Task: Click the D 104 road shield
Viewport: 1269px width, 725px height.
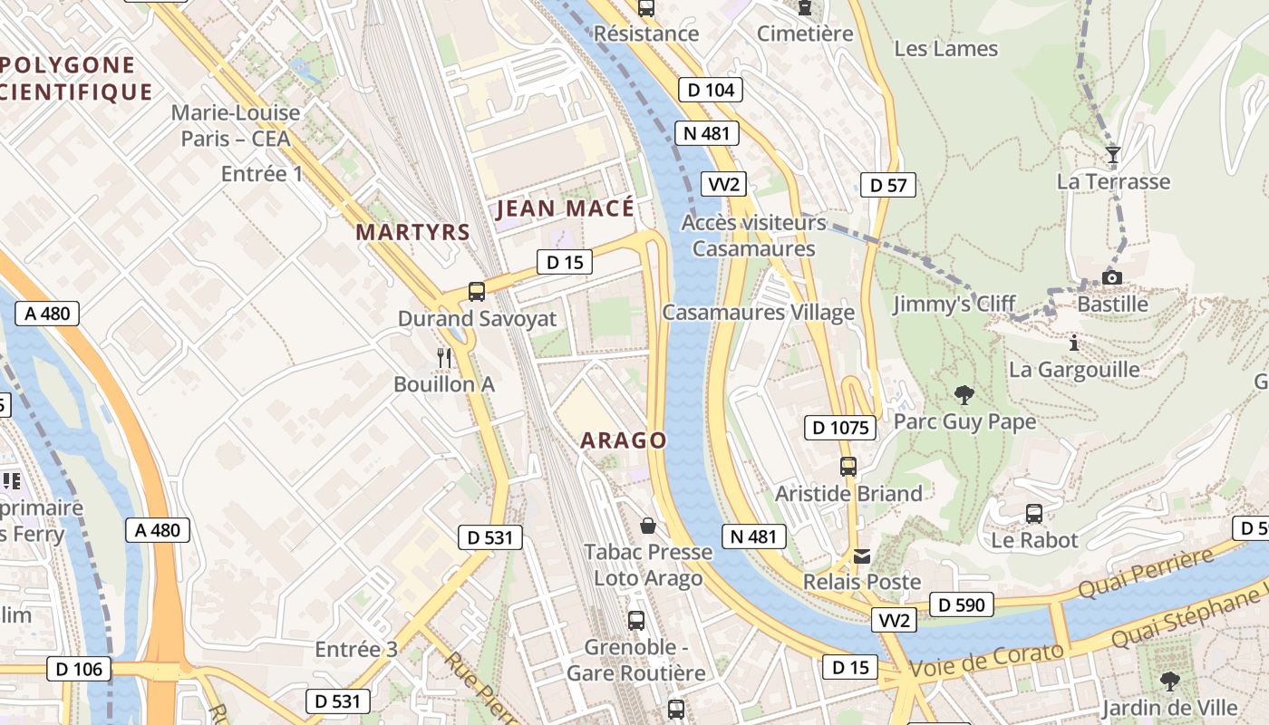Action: coord(711,89)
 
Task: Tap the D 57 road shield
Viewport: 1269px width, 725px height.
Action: coord(887,185)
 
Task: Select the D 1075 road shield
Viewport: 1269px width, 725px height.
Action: coord(840,427)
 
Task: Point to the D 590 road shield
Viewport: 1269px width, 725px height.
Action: coord(961,604)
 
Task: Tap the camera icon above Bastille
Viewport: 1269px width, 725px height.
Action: coord(1112,277)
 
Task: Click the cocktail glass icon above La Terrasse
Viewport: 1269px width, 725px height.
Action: coord(1113,155)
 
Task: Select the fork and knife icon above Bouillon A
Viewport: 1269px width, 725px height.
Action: coord(443,357)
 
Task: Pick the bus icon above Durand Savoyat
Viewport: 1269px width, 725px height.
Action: coord(477,292)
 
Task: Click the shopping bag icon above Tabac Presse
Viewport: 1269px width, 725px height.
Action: coord(648,526)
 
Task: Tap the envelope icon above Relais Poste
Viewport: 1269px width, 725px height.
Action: coord(860,556)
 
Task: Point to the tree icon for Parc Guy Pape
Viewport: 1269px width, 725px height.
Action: coord(964,395)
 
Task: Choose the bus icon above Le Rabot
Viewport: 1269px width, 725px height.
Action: coord(1034,514)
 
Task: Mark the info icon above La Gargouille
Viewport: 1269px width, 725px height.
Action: coord(1074,343)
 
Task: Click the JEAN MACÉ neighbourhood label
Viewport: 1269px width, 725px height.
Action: coord(566,208)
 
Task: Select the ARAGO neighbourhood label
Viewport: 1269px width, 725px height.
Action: coord(624,440)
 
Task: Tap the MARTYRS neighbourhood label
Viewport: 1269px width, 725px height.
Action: coord(412,232)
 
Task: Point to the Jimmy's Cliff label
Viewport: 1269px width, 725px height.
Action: coord(954,304)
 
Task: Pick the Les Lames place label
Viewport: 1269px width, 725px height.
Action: coord(945,48)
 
